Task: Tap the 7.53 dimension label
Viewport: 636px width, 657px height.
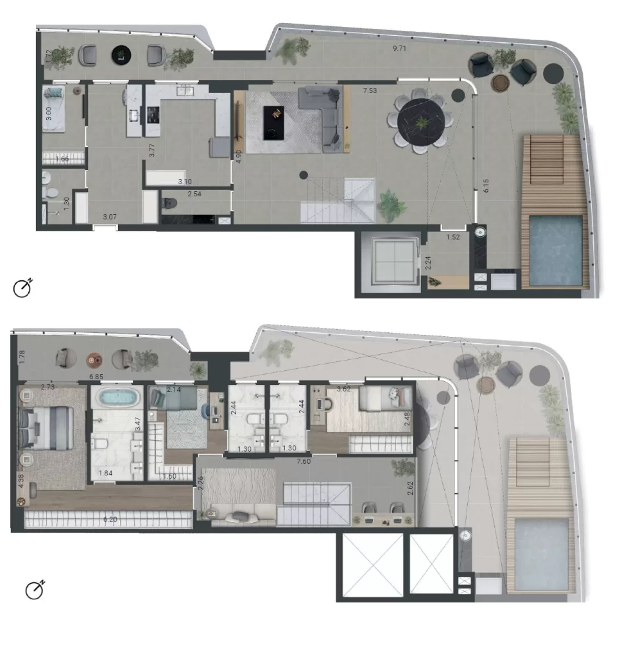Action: coord(370,90)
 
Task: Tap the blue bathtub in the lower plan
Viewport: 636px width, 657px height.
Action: coord(117,398)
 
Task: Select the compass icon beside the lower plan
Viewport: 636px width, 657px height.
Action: coord(34,590)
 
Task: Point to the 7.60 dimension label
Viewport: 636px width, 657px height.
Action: coord(305,461)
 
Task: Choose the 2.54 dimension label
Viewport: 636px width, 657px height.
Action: coord(195,193)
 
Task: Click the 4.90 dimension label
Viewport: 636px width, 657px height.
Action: coord(239,157)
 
